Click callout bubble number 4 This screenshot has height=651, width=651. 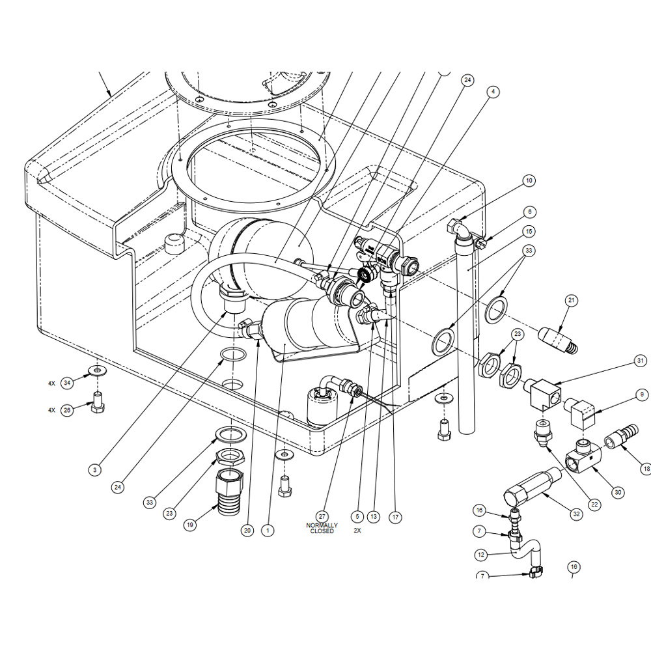click(x=493, y=92)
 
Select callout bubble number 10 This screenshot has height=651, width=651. click(x=529, y=180)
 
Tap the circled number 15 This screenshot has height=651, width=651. click(x=529, y=231)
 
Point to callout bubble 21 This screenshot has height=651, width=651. click(x=572, y=300)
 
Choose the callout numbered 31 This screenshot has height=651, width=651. click(x=640, y=361)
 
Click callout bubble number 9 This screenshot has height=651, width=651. click(x=642, y=395)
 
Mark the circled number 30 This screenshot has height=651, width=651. click(x=618, y=492)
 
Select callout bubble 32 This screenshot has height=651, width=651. click(x=576, y=514)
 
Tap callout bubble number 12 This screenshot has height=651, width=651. click(x=481, y=555)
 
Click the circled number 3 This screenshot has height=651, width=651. click(x=95, y=470)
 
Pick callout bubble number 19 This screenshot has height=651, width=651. click(x=189, y=525)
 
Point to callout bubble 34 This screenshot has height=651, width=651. click(x=67, y=383)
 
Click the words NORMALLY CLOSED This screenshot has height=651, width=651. click(x=322, y=528)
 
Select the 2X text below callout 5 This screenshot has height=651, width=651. click(x=357, y=531)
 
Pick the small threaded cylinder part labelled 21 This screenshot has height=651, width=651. click(x=557, y=340)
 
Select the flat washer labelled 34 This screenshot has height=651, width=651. click(x=97, y=370)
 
